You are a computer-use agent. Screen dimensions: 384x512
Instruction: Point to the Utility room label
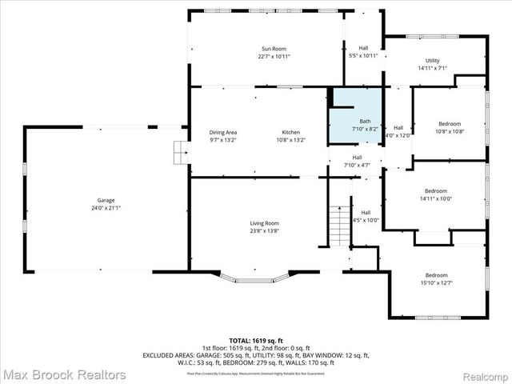pos(432,61)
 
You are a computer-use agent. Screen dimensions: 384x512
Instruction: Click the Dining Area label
pos(223,132)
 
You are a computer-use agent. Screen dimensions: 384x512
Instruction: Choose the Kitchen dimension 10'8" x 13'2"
pos(290,140)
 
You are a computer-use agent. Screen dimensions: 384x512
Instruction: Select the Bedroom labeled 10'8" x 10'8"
pos(450,124)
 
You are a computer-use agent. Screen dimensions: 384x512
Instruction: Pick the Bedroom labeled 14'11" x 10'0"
pos(435,191)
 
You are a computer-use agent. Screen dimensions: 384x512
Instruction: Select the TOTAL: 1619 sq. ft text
pos(256,340)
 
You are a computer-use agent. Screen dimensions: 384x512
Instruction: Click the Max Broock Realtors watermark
pos(64,374)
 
